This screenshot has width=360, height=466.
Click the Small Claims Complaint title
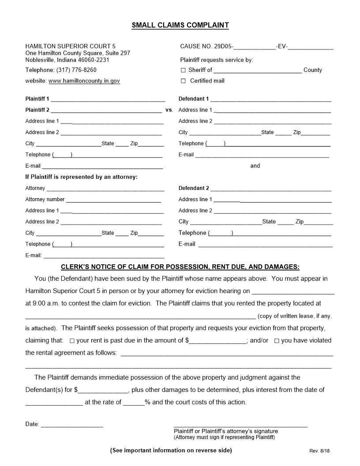pyautogui.click(x=180, y=25)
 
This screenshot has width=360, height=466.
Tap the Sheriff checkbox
pyautogui.click(x=184, y=70)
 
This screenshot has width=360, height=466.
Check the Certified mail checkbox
pyautogui.click(x=184, y=81)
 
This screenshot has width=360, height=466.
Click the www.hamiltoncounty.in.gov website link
pyautogui.click(x=84, y=81)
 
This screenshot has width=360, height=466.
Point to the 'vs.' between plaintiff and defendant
pyautogui.click(x=169, y=110)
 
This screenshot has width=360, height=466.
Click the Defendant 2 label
pyautogui.click(x=194, y=188)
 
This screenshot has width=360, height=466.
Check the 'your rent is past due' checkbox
pyautogui.click(x=72, y=341)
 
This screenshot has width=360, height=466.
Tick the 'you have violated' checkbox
pyautogui.click(x=277, y=341)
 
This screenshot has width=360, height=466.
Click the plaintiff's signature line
pyautogui.click(x=240, y=425)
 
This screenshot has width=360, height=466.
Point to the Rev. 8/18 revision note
pyautogui.click(x=319, y=451)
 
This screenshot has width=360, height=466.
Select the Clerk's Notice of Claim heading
pyautogui.click(x=180, y=267)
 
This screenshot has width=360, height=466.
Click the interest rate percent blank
pyautogui.click(x=134, y=403)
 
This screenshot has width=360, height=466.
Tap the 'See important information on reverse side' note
pyautogui.click(x=171, y=450)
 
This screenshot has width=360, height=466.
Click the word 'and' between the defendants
pyautogui.click(x=255, y=166)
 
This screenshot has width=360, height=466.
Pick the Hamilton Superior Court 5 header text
pyautogui.click(x=71, y=46)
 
